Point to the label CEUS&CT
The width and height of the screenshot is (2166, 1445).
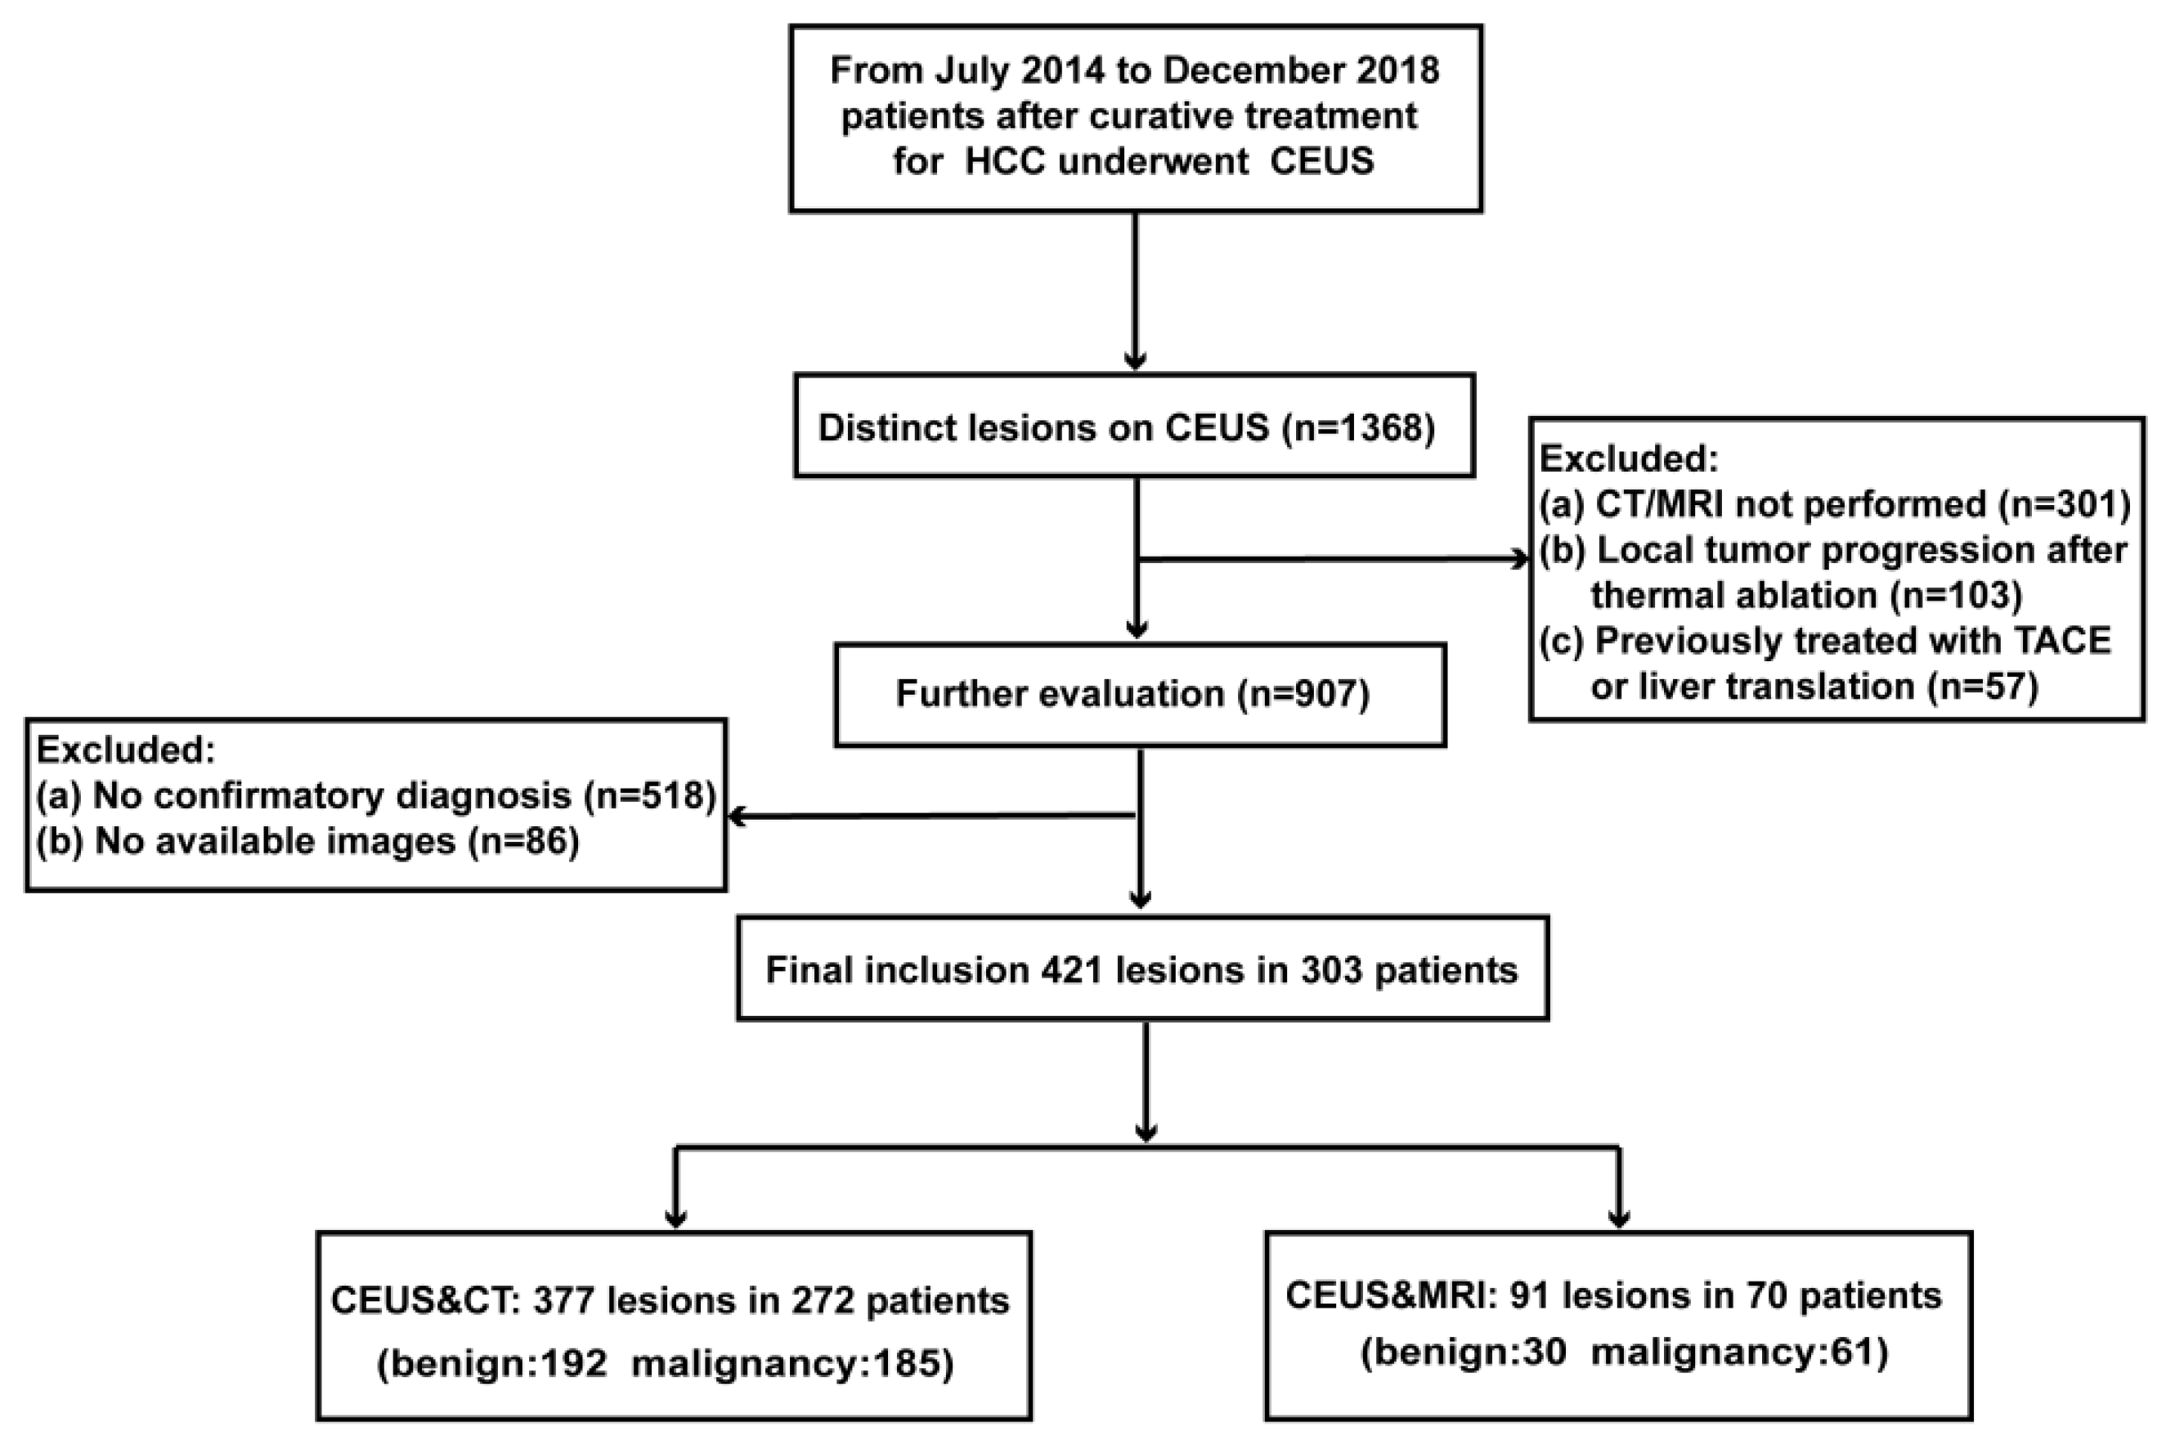421,1300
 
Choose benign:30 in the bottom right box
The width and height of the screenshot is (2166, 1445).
1464,1352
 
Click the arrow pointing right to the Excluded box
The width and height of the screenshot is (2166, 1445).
1512,558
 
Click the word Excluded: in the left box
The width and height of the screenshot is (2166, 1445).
125,750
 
